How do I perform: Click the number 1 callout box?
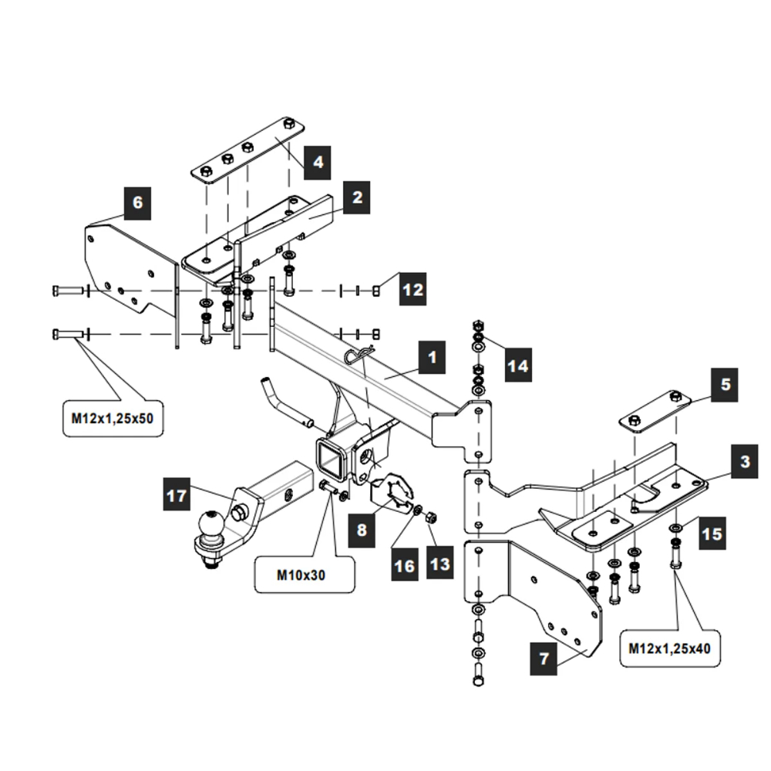[432, 358]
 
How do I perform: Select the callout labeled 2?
[357, 197]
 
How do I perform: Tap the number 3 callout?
[744, 462]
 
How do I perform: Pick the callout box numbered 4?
[317, 162]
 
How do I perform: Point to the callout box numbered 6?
[137, 203]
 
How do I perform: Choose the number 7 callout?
[544, 659]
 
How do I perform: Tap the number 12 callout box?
[413, 290]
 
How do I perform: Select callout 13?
[439, 564]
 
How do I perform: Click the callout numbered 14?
[520, 365]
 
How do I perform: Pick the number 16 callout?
[404, 565]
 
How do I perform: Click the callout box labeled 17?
[177, 494]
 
